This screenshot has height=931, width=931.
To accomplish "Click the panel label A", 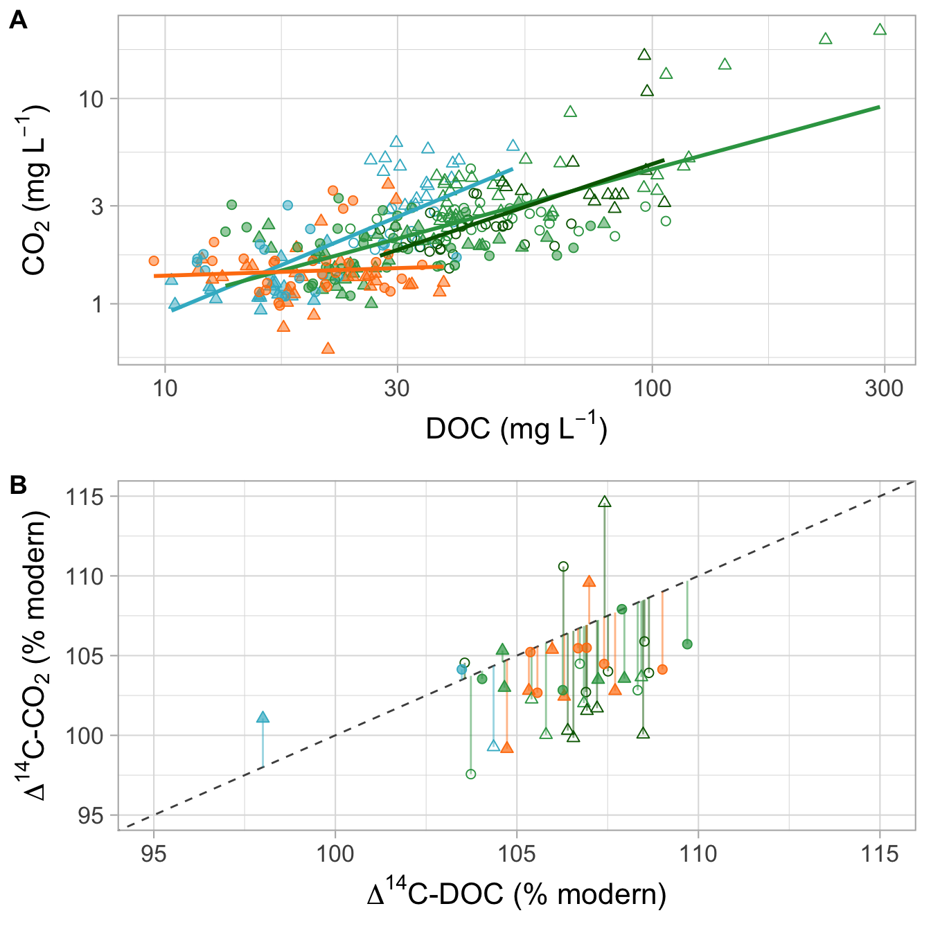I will [18, 21].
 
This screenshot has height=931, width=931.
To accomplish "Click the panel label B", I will [18, 486].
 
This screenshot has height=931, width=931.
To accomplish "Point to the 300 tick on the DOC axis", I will [884, 388].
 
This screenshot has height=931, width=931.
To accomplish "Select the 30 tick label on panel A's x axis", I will [397, 388].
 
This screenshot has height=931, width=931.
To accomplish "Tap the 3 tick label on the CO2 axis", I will [96, 206].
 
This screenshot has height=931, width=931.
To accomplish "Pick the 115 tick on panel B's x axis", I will [878, 853].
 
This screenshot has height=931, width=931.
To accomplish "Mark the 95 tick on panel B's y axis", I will [89, 816].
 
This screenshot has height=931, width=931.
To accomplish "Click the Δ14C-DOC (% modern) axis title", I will [516, 894].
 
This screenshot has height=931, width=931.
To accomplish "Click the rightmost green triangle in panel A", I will [880, 30].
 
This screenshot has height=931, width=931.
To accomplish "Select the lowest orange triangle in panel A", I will [328, 348].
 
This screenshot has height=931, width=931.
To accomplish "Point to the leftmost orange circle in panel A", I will [154, 261].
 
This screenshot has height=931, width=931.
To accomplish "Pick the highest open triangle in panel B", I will [605, 502].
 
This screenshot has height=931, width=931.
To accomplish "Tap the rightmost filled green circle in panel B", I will [687, 644].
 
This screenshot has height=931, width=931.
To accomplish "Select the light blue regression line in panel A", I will [346, 236].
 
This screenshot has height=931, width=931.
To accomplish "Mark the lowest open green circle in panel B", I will [471, 774].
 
